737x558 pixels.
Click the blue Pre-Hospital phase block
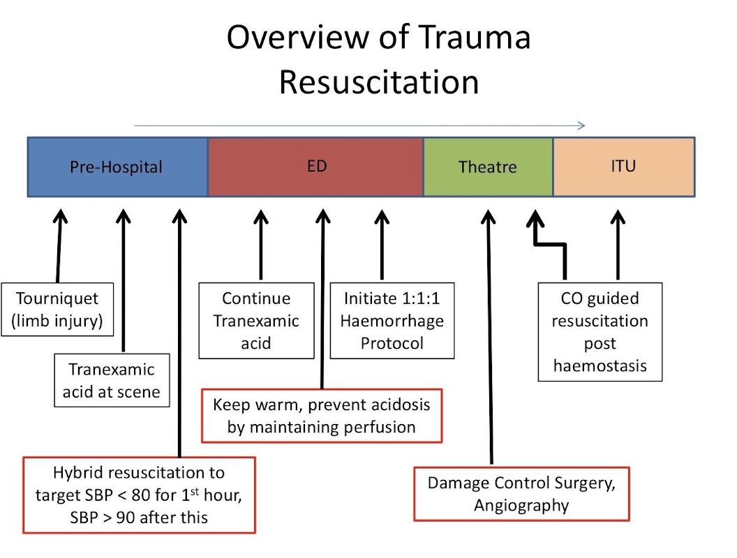point(117,167)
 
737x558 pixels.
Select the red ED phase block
point(315,167)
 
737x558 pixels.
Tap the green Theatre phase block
point(488,167)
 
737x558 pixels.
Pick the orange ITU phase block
point(623,167)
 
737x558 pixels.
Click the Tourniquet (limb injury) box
point(57,309)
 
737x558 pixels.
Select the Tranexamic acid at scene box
point(111,381)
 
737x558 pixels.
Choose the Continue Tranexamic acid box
point(255,320)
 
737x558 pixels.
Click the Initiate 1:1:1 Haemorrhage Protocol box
point(392,320)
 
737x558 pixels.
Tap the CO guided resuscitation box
point(600,331)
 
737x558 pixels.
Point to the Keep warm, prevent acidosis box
point(322,416)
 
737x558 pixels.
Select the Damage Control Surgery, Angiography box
point(521,494)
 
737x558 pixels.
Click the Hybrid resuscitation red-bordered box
point(139,495)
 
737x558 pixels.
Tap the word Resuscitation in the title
point(379,82)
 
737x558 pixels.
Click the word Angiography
point(521,505)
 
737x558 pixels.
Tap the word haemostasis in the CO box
point(600,365)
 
